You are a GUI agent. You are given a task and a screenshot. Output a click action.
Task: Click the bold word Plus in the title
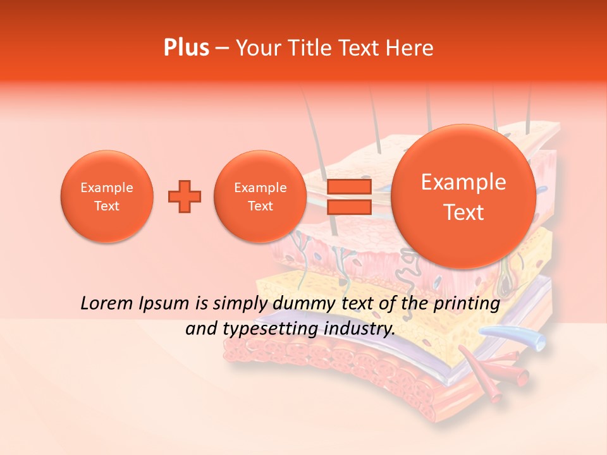click(186, 48)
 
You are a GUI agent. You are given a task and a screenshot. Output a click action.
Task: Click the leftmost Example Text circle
click(107, 197)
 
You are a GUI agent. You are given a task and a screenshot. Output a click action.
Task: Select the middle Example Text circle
click(261, 197)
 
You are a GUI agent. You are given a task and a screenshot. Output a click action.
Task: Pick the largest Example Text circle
click(463, 197)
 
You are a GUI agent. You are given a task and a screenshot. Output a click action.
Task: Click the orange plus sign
click(185, 197)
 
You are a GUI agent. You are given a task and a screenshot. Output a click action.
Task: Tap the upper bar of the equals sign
click(348, 186)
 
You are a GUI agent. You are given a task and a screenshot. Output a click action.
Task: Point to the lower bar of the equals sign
click(348, 207)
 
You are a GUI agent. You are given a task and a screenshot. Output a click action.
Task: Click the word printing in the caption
click(469, 304)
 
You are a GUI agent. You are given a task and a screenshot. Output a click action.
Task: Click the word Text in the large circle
click(463, 212)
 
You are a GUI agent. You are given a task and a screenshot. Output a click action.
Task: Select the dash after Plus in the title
click(222, 48)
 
